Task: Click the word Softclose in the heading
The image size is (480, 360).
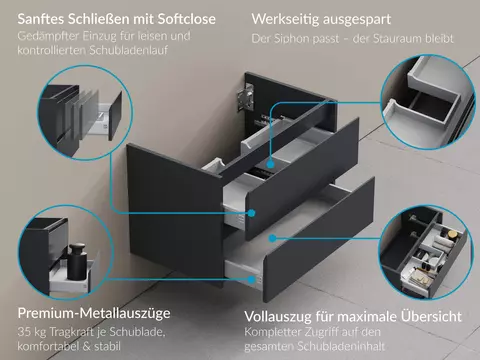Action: click(x=187, y=19)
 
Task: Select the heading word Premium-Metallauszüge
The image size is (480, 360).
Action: click(x=94, y=313)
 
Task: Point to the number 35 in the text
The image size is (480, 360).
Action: click(x=24, y=332)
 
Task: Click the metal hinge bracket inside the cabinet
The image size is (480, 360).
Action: click(x=245, y=97)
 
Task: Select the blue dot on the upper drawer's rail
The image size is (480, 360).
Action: click(x=252, y=213)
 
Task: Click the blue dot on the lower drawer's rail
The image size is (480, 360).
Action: click(x=252, y=280)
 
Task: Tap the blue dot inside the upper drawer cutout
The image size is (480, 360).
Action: click(x=270, y=164)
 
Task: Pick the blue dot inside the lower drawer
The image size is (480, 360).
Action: click(x=272, y=238)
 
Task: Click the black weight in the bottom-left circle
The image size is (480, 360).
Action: click(x=77, y=262)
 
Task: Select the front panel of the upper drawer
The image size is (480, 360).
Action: click(x=302, y=178)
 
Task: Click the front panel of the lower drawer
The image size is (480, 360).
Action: click(x=319, y=239)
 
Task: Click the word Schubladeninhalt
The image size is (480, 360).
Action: click(x=341, y=346)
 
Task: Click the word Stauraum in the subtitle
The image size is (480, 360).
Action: click(x=397, y=39)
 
